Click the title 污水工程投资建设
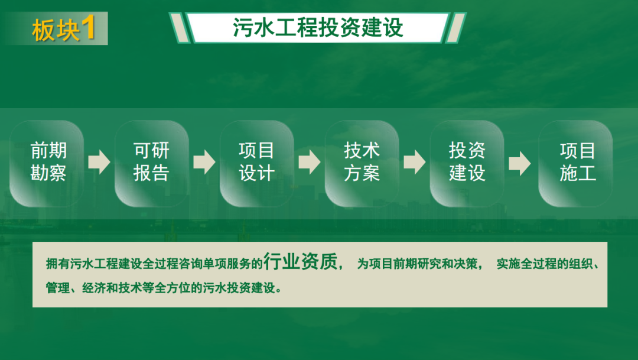click(x=318, y=28)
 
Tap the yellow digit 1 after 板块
click(x=88, y=27)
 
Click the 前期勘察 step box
click(x=47, y=163)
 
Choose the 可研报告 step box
click(x=152, y=163)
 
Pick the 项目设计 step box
click(x=257, y=163)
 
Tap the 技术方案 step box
click(x=362, y=163)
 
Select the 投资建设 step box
click(x=467, y=163)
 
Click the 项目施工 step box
click(x=575, y=163)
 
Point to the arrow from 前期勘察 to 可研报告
click(x=99, y=162)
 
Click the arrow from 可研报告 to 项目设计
click(x=204, y=162)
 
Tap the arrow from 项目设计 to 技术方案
click(x=309, y=162)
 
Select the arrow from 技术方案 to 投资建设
click(x=414, y=162)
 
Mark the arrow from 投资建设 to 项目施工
click(x=520, y=164)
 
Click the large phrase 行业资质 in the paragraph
click(x=300, y=261)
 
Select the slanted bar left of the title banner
click(x=179, y=28)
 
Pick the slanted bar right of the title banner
click(x=455, y=28)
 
